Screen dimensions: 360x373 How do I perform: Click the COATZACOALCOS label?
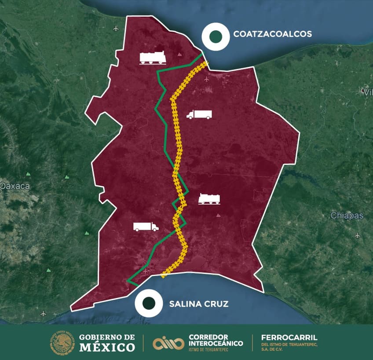(273, 34)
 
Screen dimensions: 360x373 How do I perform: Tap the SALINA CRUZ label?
(198, 304)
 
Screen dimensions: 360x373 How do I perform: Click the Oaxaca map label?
(15, 186)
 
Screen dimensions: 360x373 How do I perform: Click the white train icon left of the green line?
(153, 58)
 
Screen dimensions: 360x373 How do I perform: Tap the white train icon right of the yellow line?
(209, 199)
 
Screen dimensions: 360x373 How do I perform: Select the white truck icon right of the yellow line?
(199, 114)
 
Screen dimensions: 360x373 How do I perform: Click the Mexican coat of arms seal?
(62, 342)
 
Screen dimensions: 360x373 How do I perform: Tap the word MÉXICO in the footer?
(107, 347)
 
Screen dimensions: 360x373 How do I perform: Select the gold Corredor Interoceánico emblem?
(168, 343)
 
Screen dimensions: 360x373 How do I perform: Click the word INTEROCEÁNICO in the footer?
(215, 343)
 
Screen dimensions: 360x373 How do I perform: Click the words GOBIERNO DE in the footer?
(107, 337)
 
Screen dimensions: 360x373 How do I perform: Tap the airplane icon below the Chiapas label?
(357, 235)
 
